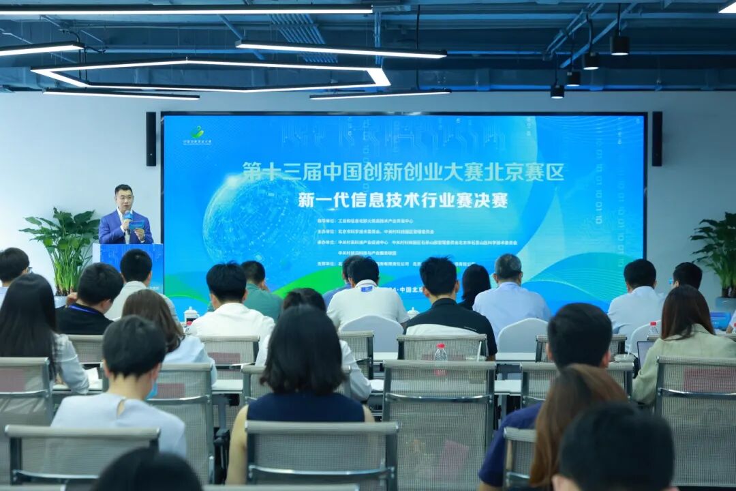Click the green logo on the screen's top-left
197,132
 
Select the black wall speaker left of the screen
151,139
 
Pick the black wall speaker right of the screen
657,138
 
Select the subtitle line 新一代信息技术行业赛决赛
403,201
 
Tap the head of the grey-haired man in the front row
508,267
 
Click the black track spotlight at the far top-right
619,44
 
